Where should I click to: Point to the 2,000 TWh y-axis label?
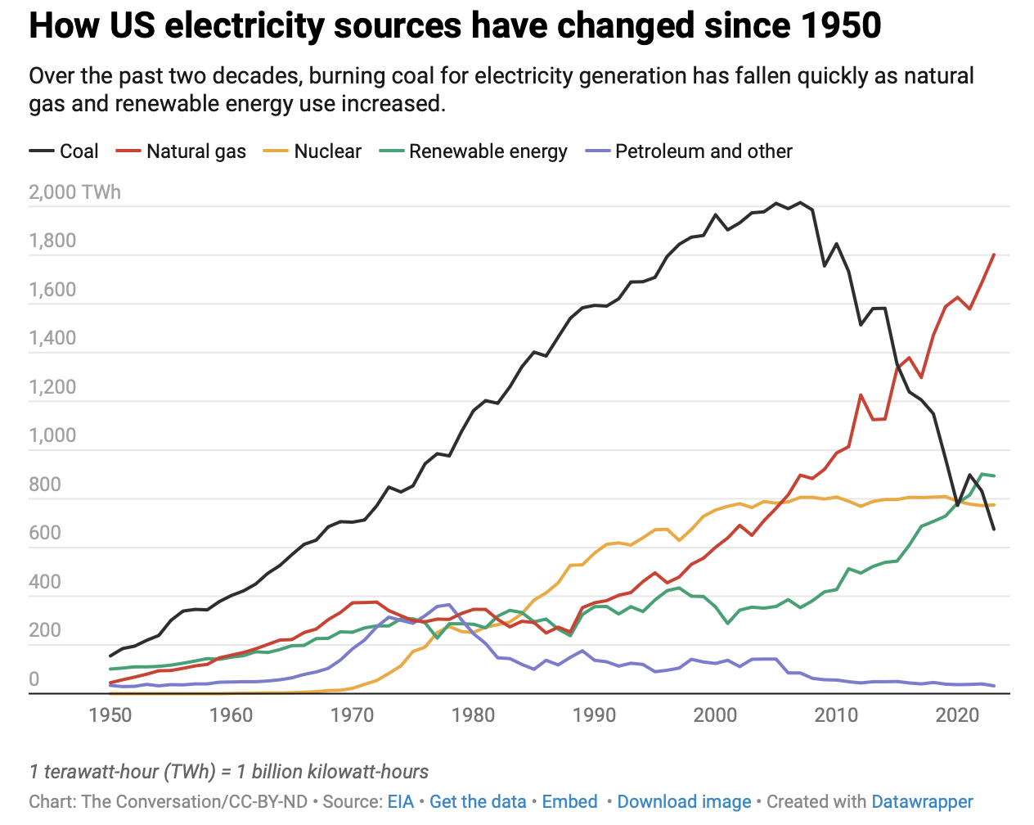click(x=74, y=192)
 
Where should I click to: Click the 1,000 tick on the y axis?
click(x=52, y=435)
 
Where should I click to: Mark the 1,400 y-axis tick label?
click(x=52, y=338)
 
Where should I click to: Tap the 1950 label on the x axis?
click(x=110, y=715)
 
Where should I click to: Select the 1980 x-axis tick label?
click(x=474, y=715)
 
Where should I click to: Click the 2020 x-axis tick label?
click(x=957, y=715)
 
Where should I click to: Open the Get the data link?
click(x=478, y=802)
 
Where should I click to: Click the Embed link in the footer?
click(x=569, y=802)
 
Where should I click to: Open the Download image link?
click(x=684, y=802)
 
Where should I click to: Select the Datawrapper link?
click(x=922, y=802)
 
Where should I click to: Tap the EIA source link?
click(x=401, y=802)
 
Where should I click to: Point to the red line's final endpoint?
click(x=994, y=255)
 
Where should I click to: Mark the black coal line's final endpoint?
click(x=994, y=530)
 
